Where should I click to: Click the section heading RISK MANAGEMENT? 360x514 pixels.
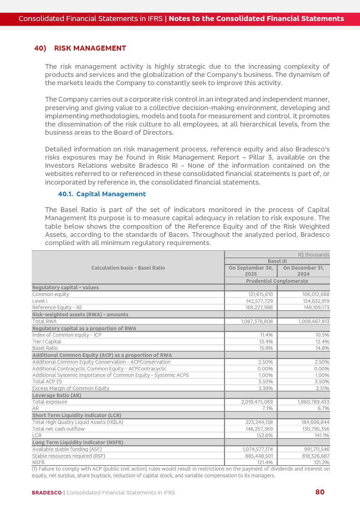click(90, 48)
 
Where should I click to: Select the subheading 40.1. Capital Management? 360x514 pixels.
click(102, 194)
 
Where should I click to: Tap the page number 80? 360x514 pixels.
click(320, 492)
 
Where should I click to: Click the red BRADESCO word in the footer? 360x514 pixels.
click(47, 493)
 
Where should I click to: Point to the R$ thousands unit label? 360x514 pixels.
click(313, 255)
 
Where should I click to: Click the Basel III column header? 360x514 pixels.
click(277, 261)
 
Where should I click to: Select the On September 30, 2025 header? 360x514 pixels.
click(251, 271)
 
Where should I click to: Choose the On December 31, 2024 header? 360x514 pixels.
click(303, 271)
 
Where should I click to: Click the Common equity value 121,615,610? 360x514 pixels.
click(260, 294)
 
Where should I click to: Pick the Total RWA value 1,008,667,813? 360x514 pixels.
click(313, 321)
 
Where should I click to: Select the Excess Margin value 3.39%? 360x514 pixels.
click(265, 388)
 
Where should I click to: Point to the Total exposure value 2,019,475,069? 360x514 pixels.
click(257, 402)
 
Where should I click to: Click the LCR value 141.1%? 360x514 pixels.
click(322, 435)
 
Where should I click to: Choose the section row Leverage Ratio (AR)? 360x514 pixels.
click(57, 395)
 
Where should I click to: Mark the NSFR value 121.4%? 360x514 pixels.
click(265, 462)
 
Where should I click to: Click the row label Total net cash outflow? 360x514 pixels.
click(58, 429)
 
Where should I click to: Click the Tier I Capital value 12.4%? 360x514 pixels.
click(322, 342)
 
